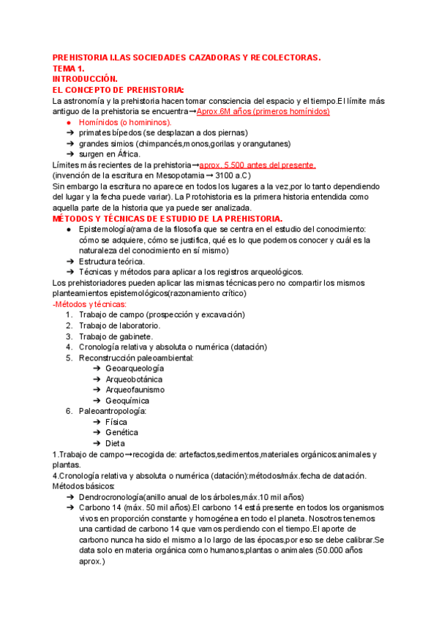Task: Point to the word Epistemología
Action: pyautogui.click(x=108, y=230)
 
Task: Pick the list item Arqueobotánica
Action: pyautogui.click(x=134, y=379)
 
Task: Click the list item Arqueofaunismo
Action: pyautogui.click(x=135, y=390)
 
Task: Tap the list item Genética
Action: pyautogui.click(x=122, y=433)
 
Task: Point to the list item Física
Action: pyautogui.click(x=116, y=422)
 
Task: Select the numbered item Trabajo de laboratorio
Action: pyautogui.click(x=120, y=325)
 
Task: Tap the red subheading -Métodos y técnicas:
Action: pyautogui.click(x=89, y=304)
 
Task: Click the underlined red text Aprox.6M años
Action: pyautogui.click(x=232, y=111)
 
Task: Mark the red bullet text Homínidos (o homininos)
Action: pyautogui.click(x=125, y=122)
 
